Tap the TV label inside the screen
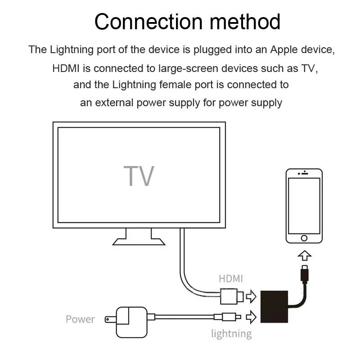point(139,176)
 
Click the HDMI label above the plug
point(231,279)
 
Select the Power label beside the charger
point(80,319)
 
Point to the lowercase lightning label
point(231,333)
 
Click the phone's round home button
point(305,238)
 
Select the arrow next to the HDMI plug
point(251,297)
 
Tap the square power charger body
point(131,319)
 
